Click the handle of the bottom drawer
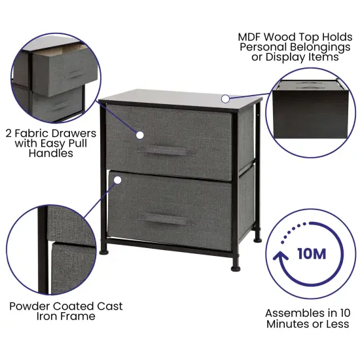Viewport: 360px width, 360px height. [169, 217]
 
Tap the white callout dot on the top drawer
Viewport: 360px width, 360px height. [139, 135]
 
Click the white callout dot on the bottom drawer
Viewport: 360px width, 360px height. [116, 177]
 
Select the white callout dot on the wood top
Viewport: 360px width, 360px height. [225, 99]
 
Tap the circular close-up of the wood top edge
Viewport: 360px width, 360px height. [310, 109]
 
